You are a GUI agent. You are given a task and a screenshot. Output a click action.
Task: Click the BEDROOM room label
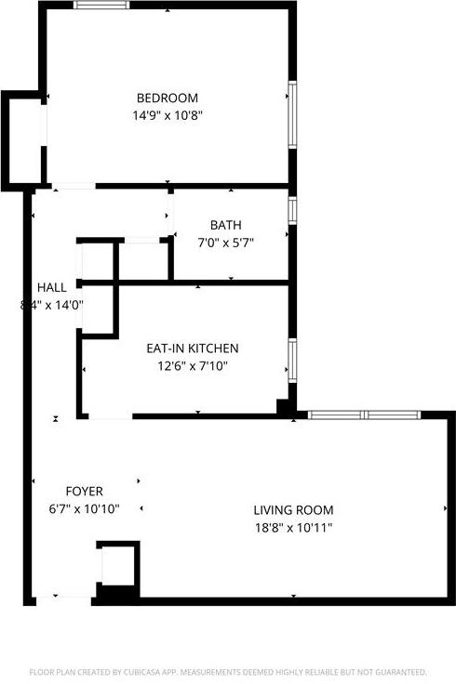click(x=168, y=99)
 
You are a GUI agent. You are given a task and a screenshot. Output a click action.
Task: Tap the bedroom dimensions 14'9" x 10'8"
click(x=168, y=116)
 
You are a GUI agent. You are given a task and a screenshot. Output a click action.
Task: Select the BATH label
click(x=225, y=225)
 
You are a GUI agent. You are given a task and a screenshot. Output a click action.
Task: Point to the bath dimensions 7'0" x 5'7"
click(x=225, y=243)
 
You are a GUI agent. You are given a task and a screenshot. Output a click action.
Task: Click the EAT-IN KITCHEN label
click(x=193, y=349)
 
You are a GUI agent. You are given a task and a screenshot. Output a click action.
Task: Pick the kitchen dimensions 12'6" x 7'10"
click(x=193, y=366)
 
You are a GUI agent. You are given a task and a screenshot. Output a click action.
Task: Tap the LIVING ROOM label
click(x=293, y=510)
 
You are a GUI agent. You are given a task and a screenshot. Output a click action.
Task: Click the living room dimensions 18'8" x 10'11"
click(x=293, y=528)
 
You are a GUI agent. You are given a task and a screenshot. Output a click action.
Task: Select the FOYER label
click(x=85, y=491)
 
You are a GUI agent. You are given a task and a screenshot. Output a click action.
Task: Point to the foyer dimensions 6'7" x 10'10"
click(x=85, y=508)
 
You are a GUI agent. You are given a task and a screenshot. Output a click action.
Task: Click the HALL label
click(x=52, y=287)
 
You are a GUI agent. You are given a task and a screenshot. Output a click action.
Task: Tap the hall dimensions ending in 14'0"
click(x=52, y=304)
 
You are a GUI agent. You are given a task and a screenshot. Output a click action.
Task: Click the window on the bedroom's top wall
click(x=102, y=6)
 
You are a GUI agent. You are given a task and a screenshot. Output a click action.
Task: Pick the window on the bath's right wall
click(x=291, y=210)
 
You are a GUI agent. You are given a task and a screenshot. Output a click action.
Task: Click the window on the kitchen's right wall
click(x=291, y=362)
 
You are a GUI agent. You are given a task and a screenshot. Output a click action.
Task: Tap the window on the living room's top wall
click(x=365, y=414)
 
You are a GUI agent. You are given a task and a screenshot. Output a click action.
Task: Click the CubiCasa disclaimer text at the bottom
click(x=228, y=671)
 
